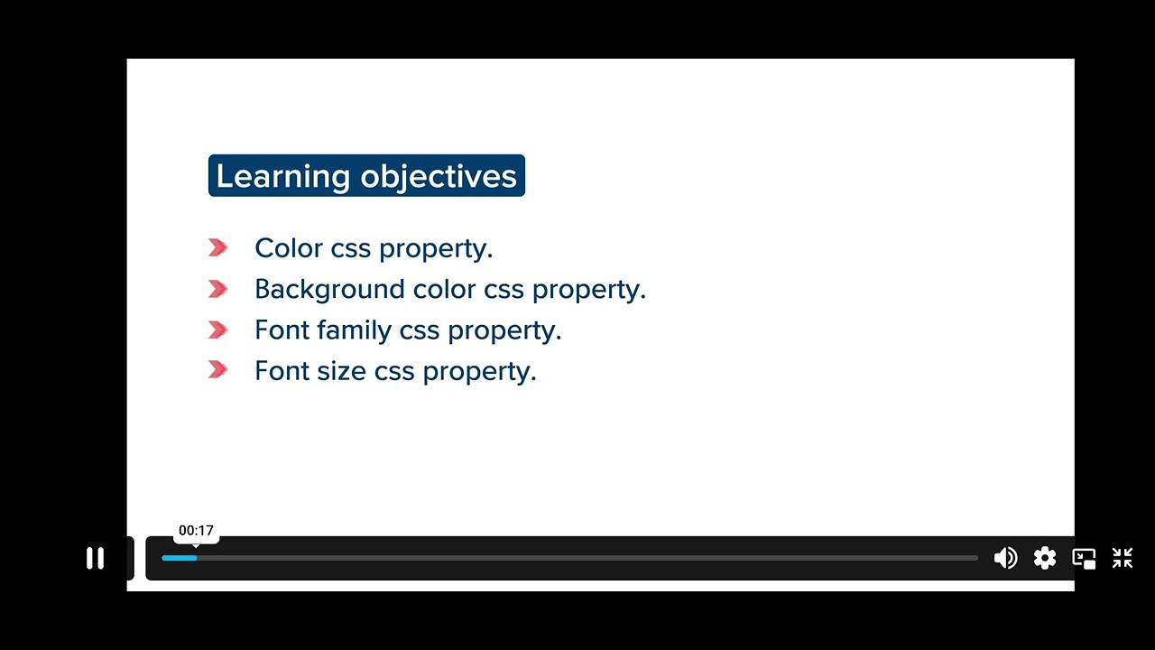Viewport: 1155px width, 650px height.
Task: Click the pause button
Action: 95,559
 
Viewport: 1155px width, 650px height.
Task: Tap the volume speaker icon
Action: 1005,559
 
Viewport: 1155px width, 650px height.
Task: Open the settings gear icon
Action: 1045,559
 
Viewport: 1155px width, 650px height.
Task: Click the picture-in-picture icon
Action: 1084,559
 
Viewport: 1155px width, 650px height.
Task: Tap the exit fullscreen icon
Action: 1123,559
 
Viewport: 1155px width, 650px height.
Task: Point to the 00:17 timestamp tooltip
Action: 196,531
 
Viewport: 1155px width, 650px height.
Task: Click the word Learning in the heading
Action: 282,176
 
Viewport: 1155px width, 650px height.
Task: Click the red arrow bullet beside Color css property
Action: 218,248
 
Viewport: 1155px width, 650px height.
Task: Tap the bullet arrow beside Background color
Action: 218,289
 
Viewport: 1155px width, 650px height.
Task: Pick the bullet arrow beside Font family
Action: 218,330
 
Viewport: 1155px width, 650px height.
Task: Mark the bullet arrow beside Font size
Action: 218,370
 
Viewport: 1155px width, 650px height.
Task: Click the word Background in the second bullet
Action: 329,290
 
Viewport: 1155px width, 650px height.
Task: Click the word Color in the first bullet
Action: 288,248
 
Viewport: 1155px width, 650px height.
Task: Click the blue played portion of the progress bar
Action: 179,558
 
